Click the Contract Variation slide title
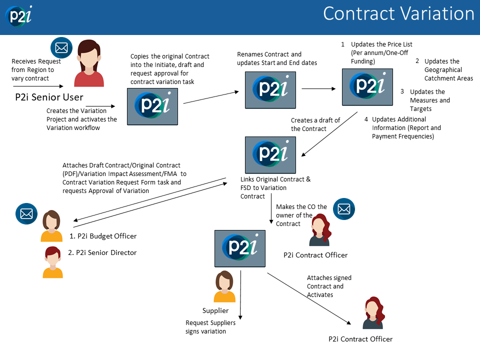[398, 14]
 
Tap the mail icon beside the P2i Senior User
[61, 48]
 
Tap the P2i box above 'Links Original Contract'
[270, 154]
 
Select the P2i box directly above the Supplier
[239, 248]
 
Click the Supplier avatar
[224, 287]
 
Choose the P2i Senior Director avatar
[52, 262]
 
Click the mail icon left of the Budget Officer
[25, 213]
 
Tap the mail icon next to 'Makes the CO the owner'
[343, 209]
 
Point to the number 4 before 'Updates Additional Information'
[366, 119]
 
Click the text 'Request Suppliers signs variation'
[210, 327]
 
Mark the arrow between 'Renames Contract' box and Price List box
[318, 89]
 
